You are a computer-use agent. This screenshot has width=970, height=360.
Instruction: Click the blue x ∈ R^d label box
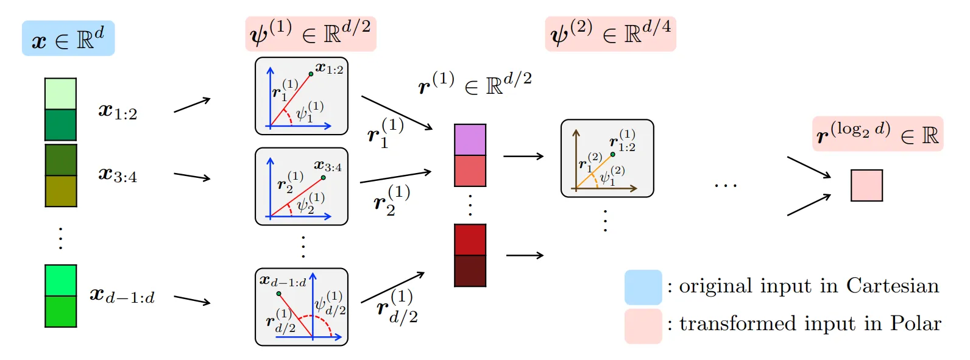click(x=68, y=38)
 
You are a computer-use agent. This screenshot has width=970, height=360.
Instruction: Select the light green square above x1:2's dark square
click(x=60, y=94)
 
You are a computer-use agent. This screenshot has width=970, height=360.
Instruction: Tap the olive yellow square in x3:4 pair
click(x=60, y=191)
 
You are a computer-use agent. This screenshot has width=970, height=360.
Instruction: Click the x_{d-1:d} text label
click(x=122, y=296)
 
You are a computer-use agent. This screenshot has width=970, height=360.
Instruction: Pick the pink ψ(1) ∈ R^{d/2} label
click(x=311, y=34)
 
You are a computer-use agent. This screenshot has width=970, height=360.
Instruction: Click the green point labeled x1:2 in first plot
click(x=311, y=74)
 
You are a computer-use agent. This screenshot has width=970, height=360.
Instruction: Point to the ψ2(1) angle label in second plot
click(x=311, y=203)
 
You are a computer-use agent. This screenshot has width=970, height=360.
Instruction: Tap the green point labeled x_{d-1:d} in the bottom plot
click(x=279, y=294)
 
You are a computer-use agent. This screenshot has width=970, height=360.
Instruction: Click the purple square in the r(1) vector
click(x=470, y=139)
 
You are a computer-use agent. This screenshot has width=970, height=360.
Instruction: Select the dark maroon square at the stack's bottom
click(x=470, y=271)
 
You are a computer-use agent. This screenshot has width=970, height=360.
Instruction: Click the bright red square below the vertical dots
click(x=470, y=239)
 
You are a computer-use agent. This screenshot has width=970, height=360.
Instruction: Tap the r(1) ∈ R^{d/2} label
click(x=475, y=83)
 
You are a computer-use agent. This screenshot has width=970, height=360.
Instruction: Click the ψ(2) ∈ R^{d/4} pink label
click(x=611, y=34)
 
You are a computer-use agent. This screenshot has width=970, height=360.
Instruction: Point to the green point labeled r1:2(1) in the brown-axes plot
click(x=612, y=154)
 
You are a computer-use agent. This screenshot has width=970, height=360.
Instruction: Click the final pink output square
click(x=866, y=186)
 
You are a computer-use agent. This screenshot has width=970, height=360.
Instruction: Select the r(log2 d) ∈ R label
click(x=877, y=134)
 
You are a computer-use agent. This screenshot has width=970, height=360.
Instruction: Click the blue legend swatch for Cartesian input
click(x=643, y=287)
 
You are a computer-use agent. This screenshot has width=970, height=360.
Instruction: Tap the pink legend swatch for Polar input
click(x=643, y=326)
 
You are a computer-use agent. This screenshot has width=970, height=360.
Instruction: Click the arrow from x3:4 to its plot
click(x=192, y=177)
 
